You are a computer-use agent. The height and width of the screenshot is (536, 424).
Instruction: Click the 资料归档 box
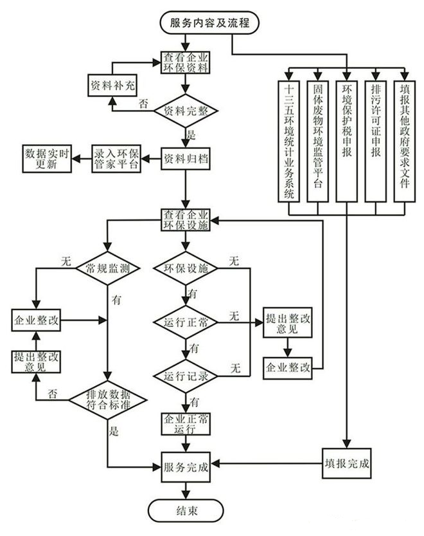(x=186, y=158)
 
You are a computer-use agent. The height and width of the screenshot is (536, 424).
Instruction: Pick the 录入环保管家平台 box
(x=116, y=158)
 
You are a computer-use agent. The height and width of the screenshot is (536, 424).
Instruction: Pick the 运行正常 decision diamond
(x=186, y=320)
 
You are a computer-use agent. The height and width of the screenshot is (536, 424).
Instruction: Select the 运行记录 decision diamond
(x=186, y=376)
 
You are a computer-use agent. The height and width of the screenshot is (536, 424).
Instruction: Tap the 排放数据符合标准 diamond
(x=108, y=399)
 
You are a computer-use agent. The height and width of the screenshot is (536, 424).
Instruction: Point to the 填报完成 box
(x=347, y=463)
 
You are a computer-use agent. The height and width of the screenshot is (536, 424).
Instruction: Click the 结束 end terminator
(x=187, y=511)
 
